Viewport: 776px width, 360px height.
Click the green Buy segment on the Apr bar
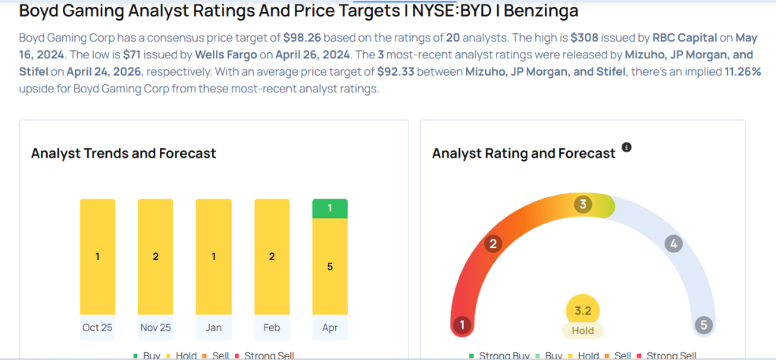(330, 208)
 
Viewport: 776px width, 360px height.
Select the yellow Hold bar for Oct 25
(98, 256)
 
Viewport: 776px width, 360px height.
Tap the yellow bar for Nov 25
(155, 256)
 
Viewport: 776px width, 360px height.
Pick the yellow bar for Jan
(214, 256)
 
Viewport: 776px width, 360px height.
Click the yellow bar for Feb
(272, 256)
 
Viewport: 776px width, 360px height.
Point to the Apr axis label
(330, 327)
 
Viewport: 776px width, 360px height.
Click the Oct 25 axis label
(98, 327)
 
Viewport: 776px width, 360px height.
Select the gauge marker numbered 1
(462, 325)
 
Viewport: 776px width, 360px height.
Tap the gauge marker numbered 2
(493, 243)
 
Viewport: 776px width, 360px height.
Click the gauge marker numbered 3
(583, 205)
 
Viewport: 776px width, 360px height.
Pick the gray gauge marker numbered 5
(704, 325)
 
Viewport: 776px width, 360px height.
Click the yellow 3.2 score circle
(583, 310)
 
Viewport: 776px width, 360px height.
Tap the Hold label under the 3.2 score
(583, 330)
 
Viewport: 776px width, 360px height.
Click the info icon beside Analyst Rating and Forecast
(627, 147)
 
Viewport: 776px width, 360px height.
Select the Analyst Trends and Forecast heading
(124, 153)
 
